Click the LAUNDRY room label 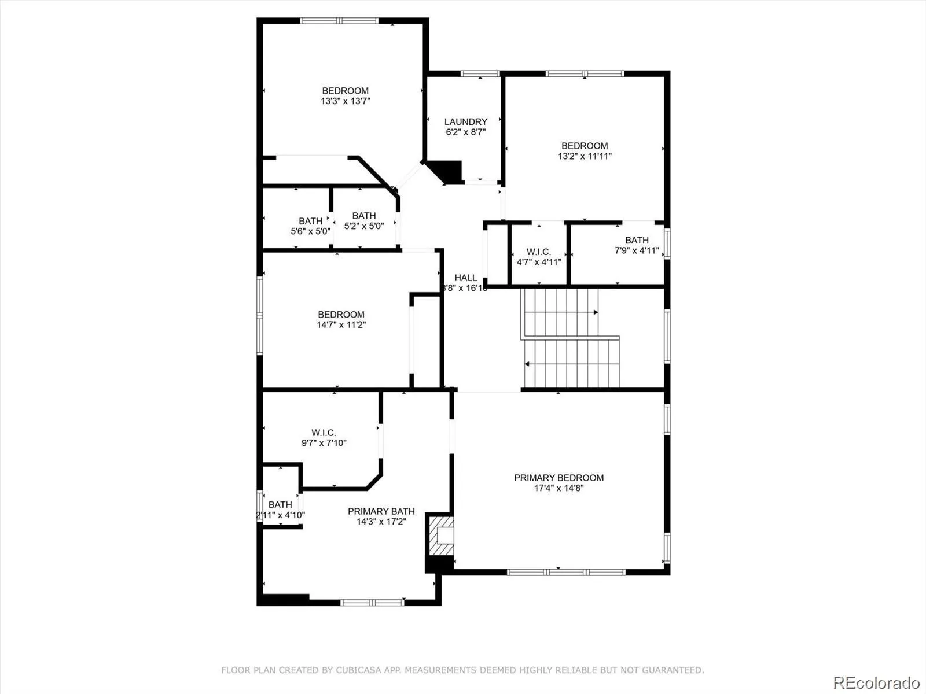coord(466,122)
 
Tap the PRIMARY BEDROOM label coord(558,478)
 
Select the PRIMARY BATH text coord(381,511)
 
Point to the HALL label coord(466,278)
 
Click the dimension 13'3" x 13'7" coord(346,101)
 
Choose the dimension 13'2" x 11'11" coord(585,156)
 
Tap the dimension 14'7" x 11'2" coord(341,325)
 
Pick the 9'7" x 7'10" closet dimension coord(324,443)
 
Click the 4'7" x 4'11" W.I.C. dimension coord(539,262)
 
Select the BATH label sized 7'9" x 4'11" coord(637,240)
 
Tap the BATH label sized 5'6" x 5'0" coord(310,221)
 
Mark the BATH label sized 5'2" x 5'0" coord(364,216)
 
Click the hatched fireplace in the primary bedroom coord(441,537)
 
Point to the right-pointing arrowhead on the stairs coord(596,312)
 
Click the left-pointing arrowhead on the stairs coord(527,364)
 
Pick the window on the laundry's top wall coord(480,74)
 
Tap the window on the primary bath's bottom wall coord(373,603)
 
